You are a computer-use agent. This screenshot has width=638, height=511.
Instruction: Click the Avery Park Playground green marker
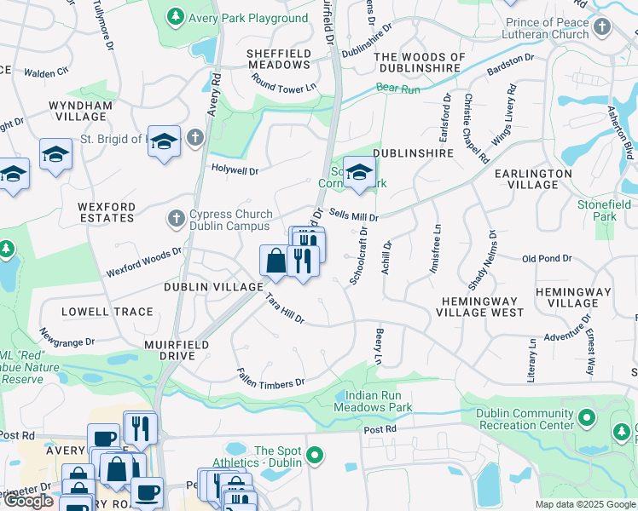175,17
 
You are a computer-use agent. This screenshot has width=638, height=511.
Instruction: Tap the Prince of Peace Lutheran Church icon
602,27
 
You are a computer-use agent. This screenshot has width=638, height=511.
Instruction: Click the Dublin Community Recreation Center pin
586,418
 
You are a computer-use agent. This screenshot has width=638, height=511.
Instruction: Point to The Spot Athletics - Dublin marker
316,456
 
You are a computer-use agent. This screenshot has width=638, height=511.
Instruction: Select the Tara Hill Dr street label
284,308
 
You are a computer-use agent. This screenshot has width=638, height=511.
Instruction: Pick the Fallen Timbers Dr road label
271,376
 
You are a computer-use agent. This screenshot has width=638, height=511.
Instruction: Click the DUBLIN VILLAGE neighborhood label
213,287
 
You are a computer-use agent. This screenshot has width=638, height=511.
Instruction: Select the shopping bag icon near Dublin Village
275,260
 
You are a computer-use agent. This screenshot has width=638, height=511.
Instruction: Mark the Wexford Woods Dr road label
144,262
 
